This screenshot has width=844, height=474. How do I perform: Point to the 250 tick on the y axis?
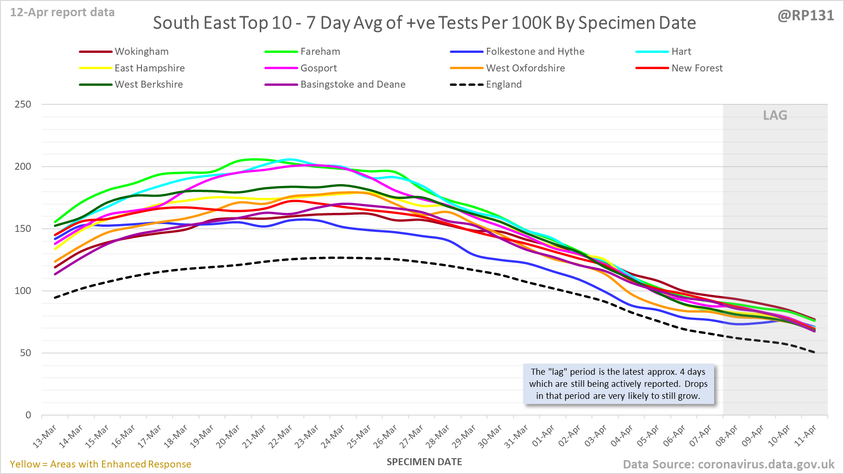click(23, 104)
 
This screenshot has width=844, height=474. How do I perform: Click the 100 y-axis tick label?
click(23, 291)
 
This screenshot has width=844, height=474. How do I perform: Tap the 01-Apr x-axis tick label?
click(543, 436)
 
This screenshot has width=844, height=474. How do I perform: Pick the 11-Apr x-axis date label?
click(806, 436)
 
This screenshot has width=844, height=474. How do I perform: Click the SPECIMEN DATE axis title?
click(424, 462)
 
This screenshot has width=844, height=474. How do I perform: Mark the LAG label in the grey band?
click(775, 115)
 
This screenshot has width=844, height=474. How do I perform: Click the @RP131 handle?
click(806, 16)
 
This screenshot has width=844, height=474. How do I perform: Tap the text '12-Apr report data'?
click(62, 13)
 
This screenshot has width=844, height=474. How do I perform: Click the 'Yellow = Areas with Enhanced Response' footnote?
click(101, 464)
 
